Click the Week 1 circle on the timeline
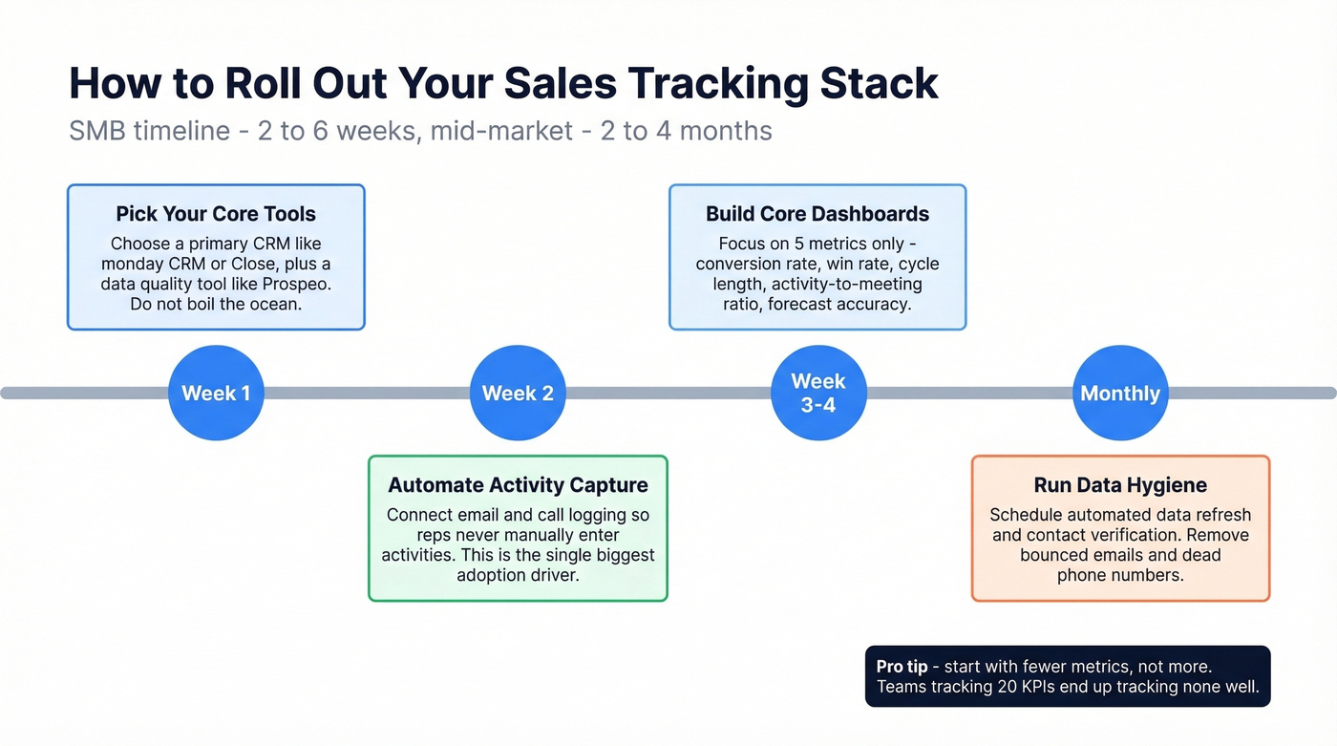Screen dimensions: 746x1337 (x=216, y=393)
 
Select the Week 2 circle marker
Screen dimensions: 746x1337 (x=518, y=393)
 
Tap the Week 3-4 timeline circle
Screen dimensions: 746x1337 (x=818, y=393)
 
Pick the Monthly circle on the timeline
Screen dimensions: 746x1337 (x=1120, y=393)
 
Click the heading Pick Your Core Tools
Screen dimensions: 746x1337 (x=216, y=214)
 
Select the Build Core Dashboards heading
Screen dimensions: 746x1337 (x=817, y=214)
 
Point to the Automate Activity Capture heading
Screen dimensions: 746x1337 (x=518, y=485)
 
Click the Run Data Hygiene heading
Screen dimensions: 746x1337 (x=1120, y=485)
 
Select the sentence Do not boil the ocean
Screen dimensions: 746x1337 (x=216, y=304)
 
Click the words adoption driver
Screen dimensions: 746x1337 (x=518, y=575)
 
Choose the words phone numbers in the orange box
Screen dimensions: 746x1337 (x=1120, y=575)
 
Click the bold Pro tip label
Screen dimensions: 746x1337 (x=902, y=667)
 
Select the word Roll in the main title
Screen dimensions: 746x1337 (x=260, y=84)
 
